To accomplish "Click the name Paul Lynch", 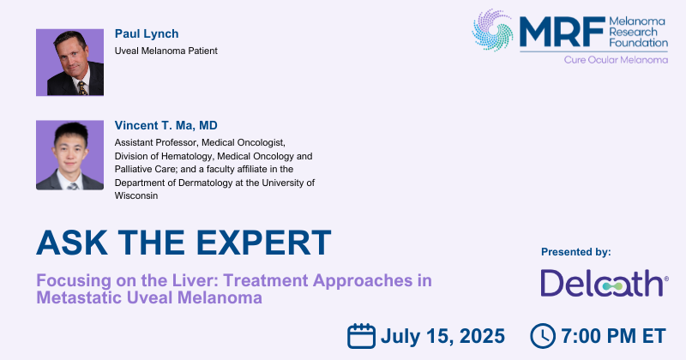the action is (x=147, y=33).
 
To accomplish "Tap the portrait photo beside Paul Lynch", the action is (x=70, y=62).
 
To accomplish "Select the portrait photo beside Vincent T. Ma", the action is (x=70, y=155).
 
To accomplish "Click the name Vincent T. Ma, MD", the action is (x=165, y=125).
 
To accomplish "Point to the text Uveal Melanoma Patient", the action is (x=165, y=51).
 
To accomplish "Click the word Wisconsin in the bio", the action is (x=136, y=195).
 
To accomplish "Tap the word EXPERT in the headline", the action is (x=263, y=243).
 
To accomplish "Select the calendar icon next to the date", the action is (x=361, y=336).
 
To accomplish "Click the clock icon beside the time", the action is (x=543, y=336).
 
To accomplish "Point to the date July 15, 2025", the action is (x=442, y=336).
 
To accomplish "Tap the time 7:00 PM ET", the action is (x=613, y=336).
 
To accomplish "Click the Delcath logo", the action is (x=605, y=283).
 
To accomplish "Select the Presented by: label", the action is (x=575, y=252).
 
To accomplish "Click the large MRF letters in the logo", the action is (x=563, y=32).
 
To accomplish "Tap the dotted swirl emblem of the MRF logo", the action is (x=492, y=30).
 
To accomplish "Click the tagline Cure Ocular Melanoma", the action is (x=616, y=59).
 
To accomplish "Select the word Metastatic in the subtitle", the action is (x=79, y=297).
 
